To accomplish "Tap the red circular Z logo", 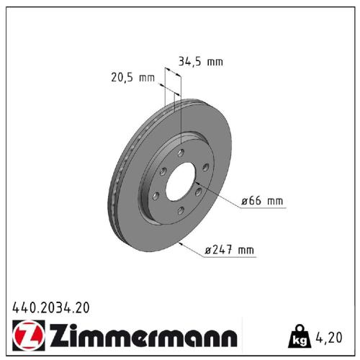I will coord(27,336).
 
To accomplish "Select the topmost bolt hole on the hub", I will coord(181,152).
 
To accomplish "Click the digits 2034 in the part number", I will coord(53,307).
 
